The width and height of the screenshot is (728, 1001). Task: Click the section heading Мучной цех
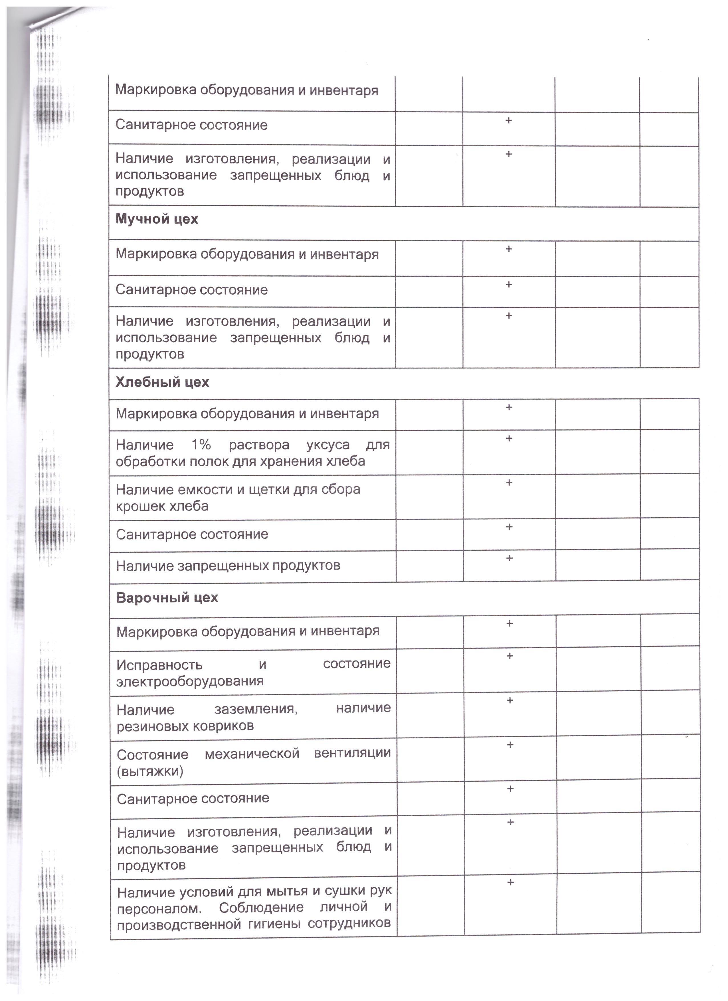tap(157, 219)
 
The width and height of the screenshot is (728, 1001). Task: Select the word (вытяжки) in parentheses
tap(150, 771)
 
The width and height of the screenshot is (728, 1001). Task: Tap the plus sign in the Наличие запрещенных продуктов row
tap(509, 558)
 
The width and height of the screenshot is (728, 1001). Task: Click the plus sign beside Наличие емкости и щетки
tap(509, 483)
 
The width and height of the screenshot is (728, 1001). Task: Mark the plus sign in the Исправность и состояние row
tap(509, 656)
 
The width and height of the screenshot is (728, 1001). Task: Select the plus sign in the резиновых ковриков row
tap(510, 700)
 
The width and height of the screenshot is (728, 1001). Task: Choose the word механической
tap(252, 753)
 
